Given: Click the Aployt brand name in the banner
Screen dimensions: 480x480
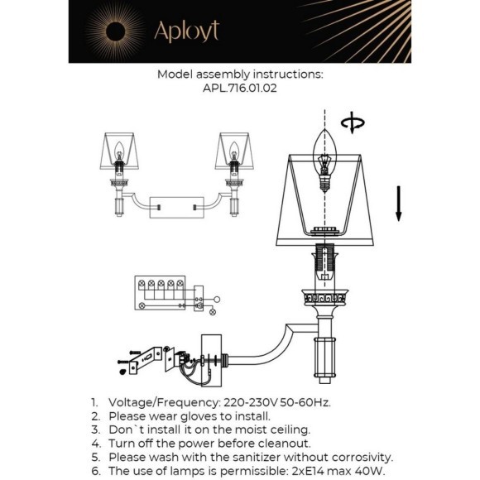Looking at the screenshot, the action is [187, 31].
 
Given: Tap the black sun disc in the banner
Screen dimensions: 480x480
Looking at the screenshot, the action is [115, 31].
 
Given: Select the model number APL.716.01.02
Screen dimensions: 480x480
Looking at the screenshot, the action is [240, 89].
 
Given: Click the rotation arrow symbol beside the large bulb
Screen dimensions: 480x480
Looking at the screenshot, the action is [353, 122].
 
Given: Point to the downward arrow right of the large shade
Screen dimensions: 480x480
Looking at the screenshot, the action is [398, 204].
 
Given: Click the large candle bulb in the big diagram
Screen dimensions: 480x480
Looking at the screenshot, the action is [324, 161].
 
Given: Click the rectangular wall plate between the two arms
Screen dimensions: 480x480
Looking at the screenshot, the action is [176, 208].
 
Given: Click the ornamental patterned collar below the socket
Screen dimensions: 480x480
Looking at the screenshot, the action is [324, 297].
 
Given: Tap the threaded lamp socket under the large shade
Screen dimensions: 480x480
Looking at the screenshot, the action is [324, 262].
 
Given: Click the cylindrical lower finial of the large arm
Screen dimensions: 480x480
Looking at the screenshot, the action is [324, 360].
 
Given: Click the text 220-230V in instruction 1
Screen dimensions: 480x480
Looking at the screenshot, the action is [251, 402].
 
